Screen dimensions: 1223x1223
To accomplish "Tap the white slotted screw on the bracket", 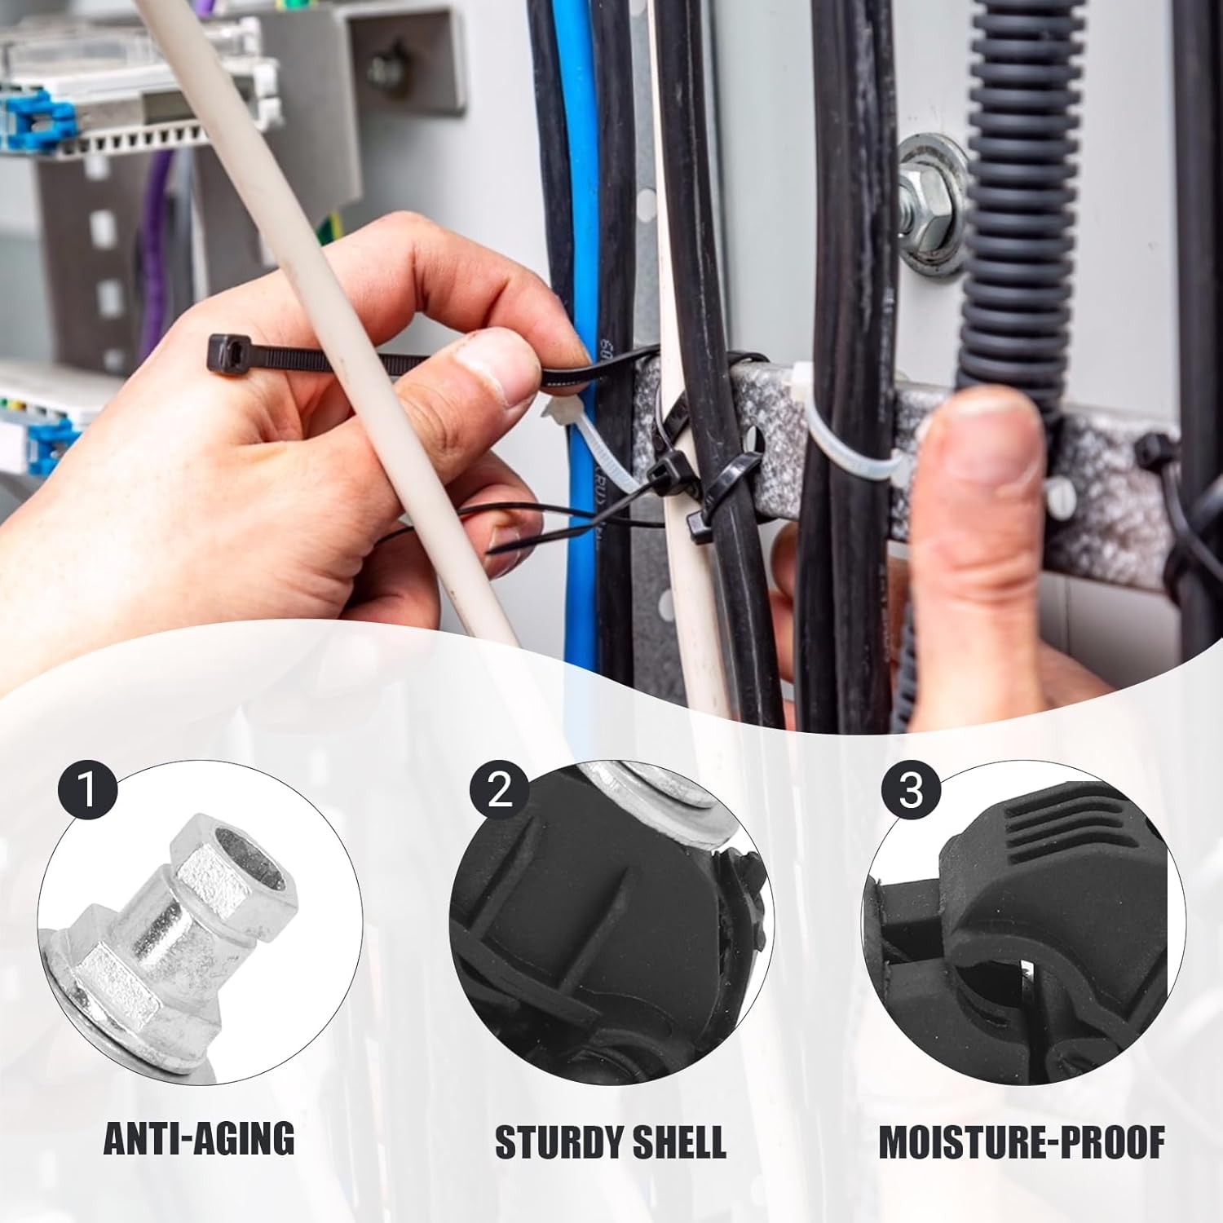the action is tap(1057, 506).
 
